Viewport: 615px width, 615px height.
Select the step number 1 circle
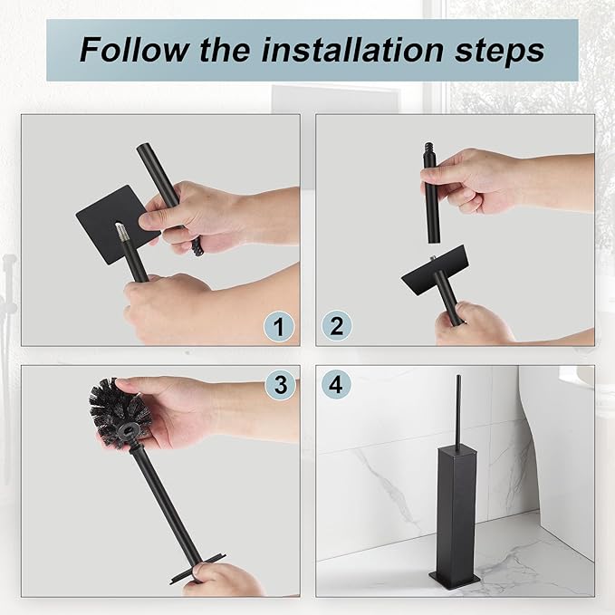click(x=279, y=326)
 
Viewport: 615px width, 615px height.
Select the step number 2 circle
click(x=336, y=326)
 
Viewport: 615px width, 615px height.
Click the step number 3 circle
click(x=281, y=385)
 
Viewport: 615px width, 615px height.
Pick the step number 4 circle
click(x=336, y=385)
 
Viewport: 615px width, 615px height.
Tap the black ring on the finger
click(x=196, y=246)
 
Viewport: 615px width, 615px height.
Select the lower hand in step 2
click(x=476, y=323)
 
